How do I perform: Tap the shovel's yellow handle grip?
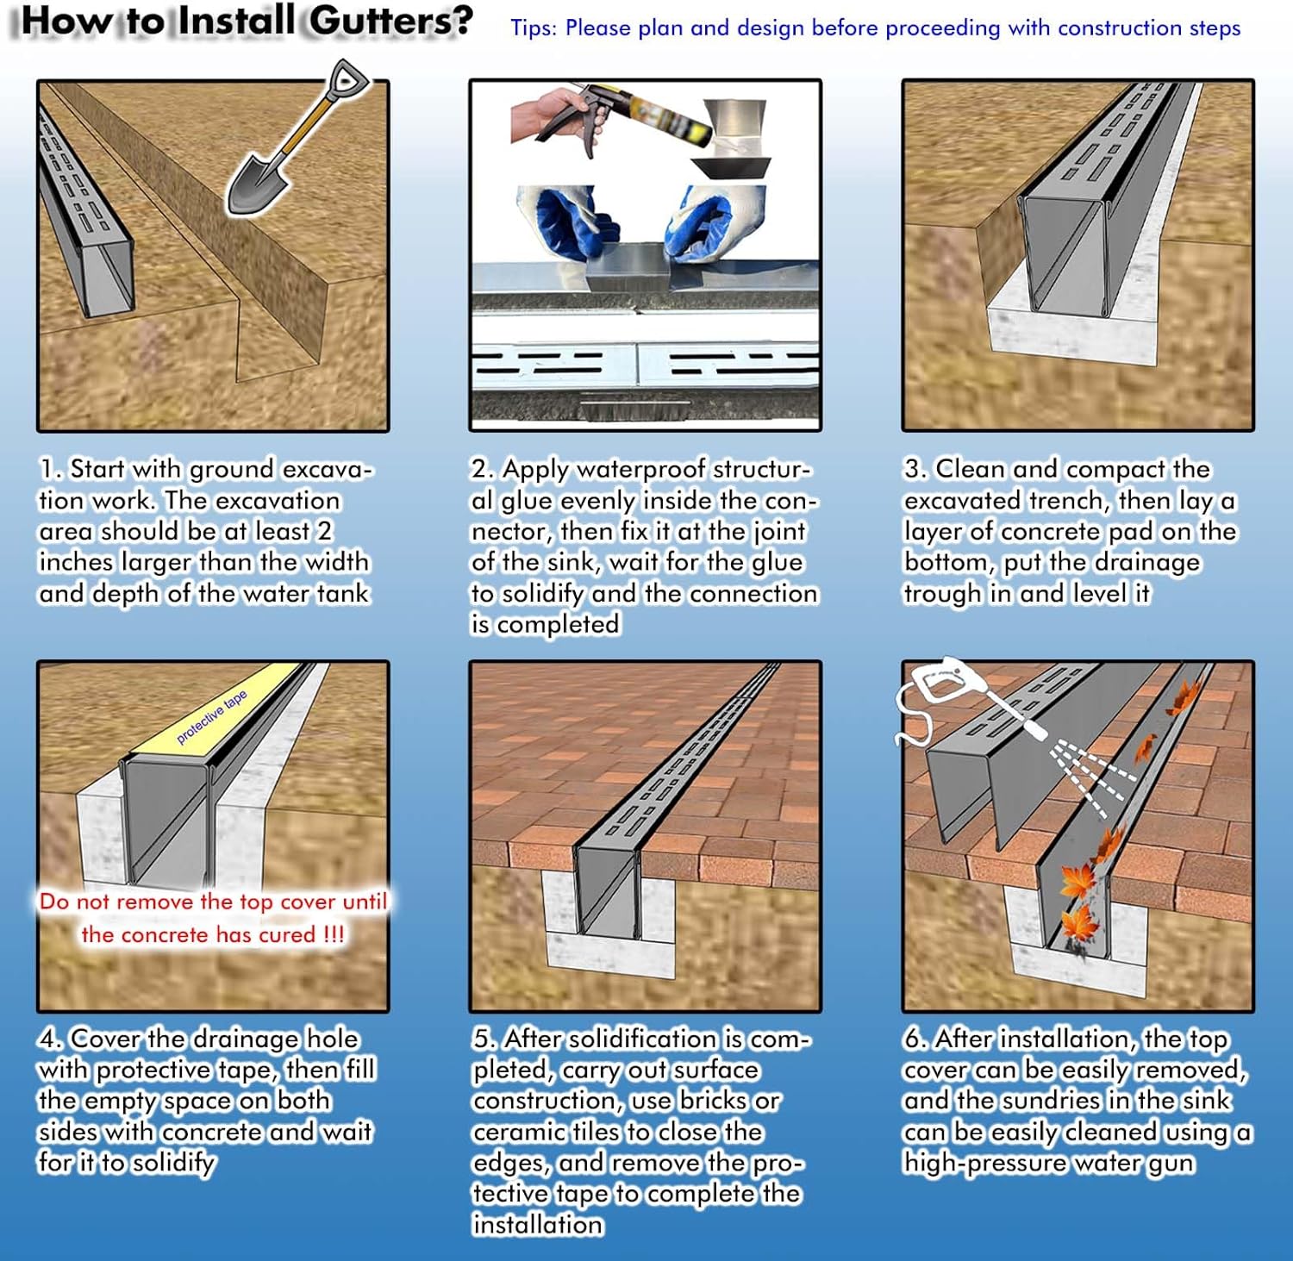[x=347, y=79]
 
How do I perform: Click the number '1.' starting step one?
[x=51, y=470]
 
